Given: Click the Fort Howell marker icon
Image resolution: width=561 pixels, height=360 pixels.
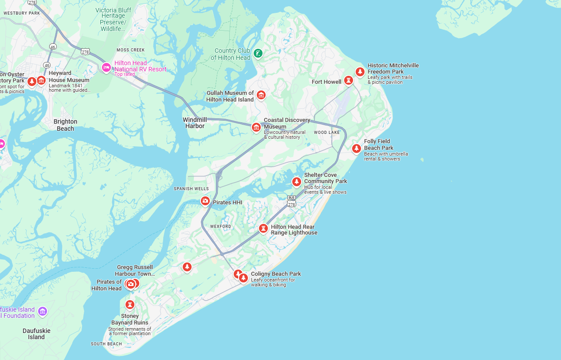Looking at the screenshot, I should pyautogui.click(x=348, y=80).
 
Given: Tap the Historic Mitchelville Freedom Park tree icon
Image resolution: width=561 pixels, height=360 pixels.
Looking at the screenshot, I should pyautogui.click(x=360, y=71).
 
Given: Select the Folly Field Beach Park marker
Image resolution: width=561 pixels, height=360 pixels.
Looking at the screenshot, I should pyautogui.click(x=356, y=148).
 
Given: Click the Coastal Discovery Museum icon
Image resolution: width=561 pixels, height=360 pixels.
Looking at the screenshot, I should pyautogui.click(x=256, y=127).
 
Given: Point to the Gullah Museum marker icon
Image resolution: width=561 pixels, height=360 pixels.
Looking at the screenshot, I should pyautogui.click(x=261, y=95).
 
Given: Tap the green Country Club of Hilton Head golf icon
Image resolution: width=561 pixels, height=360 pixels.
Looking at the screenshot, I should pyautogui.click(x=258, y=54).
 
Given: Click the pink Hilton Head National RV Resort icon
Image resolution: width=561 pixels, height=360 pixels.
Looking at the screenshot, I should pyautogui.click(x=106, y=67).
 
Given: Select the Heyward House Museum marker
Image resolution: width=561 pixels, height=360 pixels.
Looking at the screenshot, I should pyautogui.click(x=41, y=80).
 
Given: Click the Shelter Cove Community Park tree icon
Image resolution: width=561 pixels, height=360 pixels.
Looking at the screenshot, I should pyautogui.click(x=297, y=181).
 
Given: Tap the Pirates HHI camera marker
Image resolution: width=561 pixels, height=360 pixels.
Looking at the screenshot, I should pyautogui.click(x=205, y=201).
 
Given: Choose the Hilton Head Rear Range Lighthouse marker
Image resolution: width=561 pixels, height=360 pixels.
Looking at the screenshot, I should pyautogui.click(x=264, y=228).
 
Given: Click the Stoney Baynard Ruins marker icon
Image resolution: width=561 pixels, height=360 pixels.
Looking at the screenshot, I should pyautogui.click(x=129, y=305).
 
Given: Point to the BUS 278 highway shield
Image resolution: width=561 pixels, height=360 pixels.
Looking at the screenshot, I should pyautogui.click(x=291, y=201).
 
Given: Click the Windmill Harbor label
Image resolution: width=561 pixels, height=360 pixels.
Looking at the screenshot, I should pyautogui.click(x=195, y=123).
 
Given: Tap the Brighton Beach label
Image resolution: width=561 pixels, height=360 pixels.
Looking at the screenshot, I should pyautogui.click(x=65, y=125).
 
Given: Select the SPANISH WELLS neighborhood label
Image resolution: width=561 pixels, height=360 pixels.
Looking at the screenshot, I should pyautogui.click(x=191, y=189).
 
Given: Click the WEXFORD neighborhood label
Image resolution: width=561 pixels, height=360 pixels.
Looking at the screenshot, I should pyautogui.click(x=220, y=227).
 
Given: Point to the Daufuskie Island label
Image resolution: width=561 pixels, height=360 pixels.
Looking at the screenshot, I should pyautogui.click(x=36, y=334).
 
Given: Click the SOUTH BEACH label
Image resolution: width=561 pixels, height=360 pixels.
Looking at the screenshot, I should pyautogui.click(x=106, y=344).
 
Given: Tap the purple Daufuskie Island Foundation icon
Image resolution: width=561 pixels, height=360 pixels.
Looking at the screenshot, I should pyautogui.click(x=43, y=312).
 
